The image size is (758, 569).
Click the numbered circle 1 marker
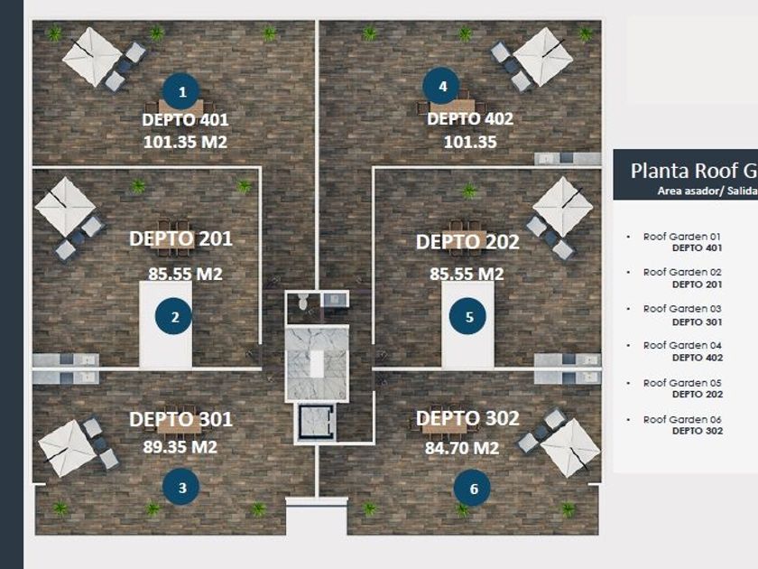coord(182,91)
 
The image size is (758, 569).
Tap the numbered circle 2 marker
coord(174,317)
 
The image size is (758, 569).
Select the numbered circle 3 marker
coord(181,489)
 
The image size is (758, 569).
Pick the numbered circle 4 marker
coord(442,88)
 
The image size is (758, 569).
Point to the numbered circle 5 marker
coord(469,317)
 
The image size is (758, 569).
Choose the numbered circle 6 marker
coord(473,490)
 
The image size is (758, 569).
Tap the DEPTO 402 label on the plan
coord(469,119)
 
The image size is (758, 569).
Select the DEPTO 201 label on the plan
coord(180,238)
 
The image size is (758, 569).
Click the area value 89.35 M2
coord(180,446)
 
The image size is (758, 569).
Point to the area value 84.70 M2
coord(461,446)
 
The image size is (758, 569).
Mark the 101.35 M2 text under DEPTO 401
coord(185,142)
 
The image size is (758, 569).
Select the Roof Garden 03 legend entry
coord(681,309)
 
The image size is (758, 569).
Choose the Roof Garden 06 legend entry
coord(681,419)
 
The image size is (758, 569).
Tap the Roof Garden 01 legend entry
coord(681,236)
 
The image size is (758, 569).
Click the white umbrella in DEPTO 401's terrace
coord(92,56)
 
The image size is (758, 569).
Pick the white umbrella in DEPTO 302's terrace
coord(570,446)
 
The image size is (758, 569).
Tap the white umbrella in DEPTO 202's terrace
coord(563,205)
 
